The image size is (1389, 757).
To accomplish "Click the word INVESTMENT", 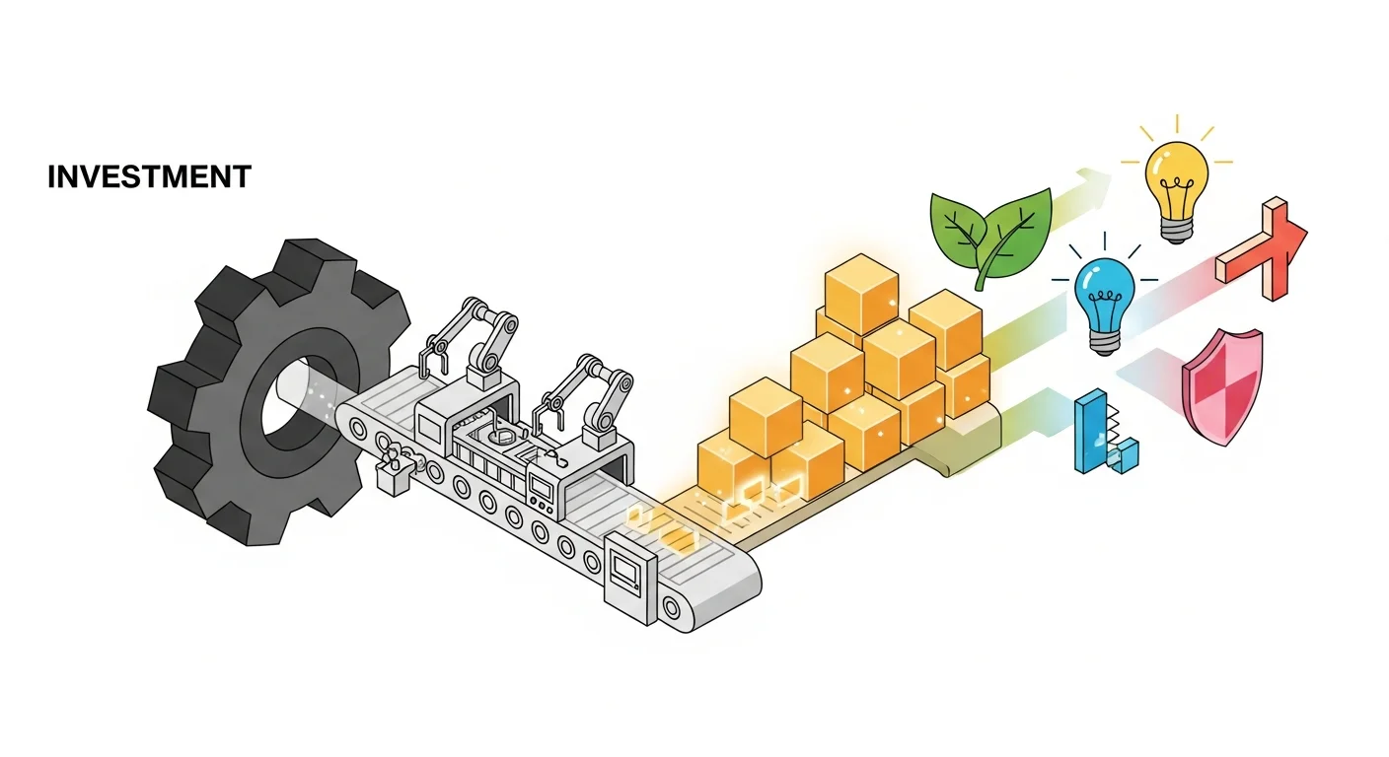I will (x=149, y=177).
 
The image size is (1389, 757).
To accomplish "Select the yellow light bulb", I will (x=1176, y=177).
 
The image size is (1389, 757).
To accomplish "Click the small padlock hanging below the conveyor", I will (x=393, y=480).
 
